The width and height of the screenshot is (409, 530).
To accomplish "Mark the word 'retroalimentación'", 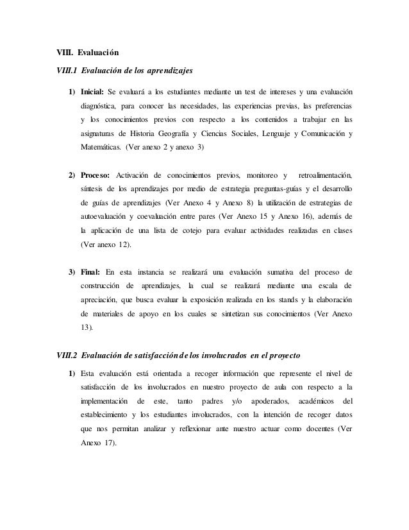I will [326, 175].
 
